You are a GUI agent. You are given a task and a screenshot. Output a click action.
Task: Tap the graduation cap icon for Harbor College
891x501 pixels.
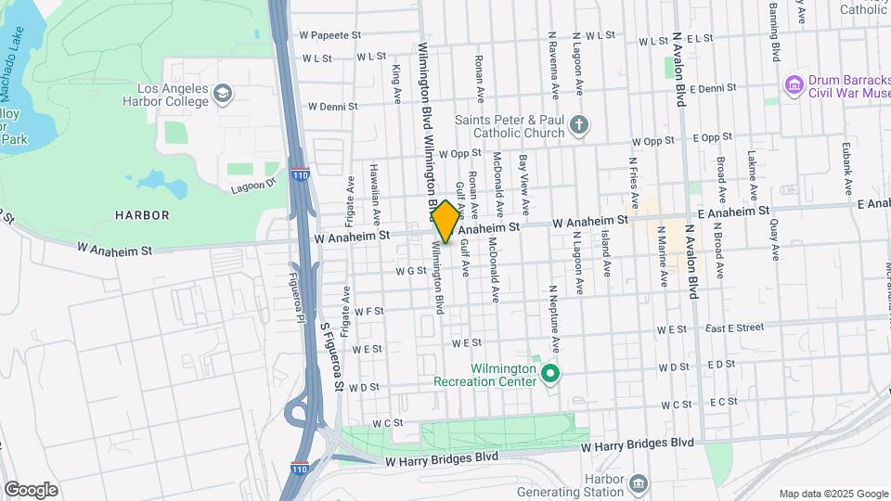[x=222, y=93]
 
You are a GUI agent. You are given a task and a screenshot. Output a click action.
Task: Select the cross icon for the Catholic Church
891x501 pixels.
[x=579, y=125]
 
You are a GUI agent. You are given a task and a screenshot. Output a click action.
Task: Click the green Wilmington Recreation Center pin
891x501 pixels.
[x=550, y=375]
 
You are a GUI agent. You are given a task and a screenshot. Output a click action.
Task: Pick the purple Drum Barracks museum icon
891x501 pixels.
[x=794, y=85]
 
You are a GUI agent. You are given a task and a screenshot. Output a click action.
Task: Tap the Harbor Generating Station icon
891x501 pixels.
[x=638, y=483]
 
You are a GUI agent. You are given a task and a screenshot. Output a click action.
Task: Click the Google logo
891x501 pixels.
[x=31, y=489]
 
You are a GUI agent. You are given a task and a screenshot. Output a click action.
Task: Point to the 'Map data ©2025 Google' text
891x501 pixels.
[x=833, y=494]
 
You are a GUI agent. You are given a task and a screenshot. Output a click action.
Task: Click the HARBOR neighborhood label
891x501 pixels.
[x=142, y=215]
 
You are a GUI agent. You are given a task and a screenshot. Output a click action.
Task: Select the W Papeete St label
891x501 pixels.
[x=329, y=35]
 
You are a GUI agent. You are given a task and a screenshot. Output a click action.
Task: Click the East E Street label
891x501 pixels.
[x=733, y=328]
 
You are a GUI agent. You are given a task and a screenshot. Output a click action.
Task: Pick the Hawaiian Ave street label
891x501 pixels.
[x=376, y=201]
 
